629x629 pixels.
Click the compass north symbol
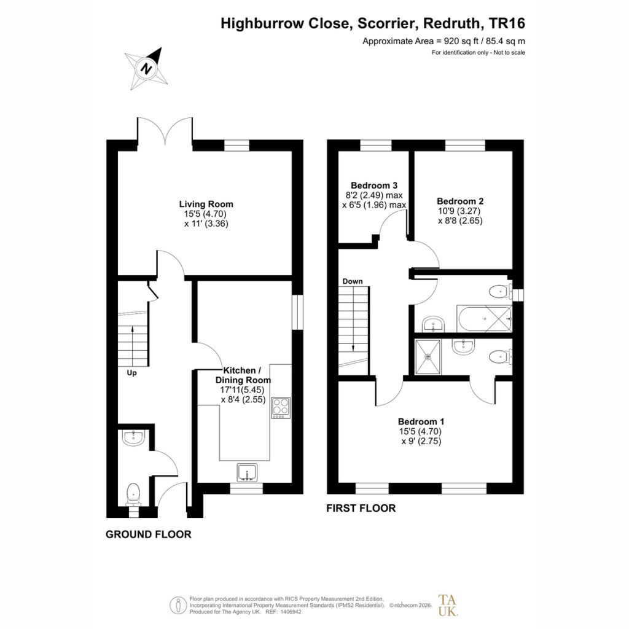(x=146, y=68)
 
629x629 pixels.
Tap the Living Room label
(x=206, y=204)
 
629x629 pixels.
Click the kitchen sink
(x=248, y=472)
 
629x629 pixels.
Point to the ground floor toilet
(x=133, y=495)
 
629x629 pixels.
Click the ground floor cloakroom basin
(x=134, y=437)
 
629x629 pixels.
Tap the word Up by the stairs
(x=131, y=373)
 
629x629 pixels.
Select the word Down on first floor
(x=353, y=281)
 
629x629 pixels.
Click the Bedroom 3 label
(x=374, y=186)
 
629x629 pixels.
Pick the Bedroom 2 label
(x=460, y=201)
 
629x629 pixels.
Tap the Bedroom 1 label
(x=421, y=421)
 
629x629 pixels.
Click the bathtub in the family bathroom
(x=484, y=319)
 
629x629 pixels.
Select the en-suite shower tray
(x=428, y=357)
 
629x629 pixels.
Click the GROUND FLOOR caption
(x=149, y=534)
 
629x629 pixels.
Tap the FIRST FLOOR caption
(x=361, y=508)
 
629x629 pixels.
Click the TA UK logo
(x=447, y=605)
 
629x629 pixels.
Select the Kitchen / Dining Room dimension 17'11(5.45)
(x=242, y=389)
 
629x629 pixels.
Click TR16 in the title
(x=507, y=23)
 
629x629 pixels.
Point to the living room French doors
(x=165, y=129)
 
